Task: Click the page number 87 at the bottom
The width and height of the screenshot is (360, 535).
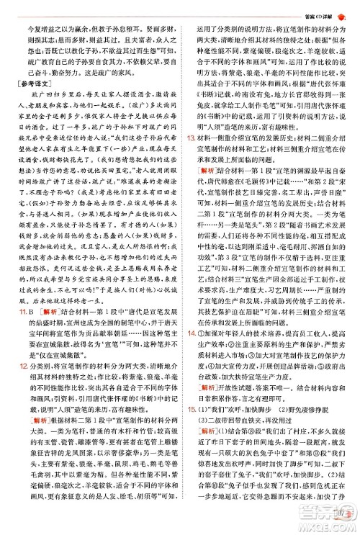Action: point(336,513)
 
